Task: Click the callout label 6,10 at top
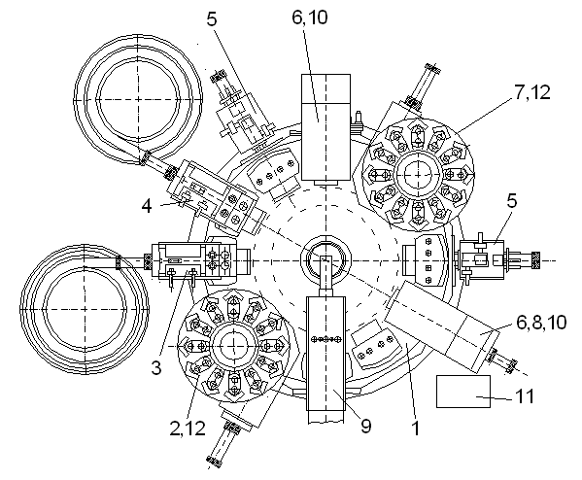click(310, 17)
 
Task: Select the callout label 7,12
click(531, 92)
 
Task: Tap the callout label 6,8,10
click(541, 323)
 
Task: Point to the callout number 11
click(525, 396)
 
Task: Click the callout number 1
click(416, 429)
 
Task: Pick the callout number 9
click(365, 426)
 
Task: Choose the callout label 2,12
click(188, 429)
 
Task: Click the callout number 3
click(156, 367)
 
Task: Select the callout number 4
click(147, 206)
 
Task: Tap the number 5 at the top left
click(211, 18)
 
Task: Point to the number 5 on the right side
click(511, 201)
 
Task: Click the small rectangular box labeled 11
click(463, 392)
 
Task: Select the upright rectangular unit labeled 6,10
click(325, 127)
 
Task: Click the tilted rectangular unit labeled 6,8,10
click(442, 326)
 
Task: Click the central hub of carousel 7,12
click(419, 175)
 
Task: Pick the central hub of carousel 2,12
click(234, 346)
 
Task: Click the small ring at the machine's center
click(325, 260)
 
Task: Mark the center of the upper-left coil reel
click(138, 99)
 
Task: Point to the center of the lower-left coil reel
click(85, 309)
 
